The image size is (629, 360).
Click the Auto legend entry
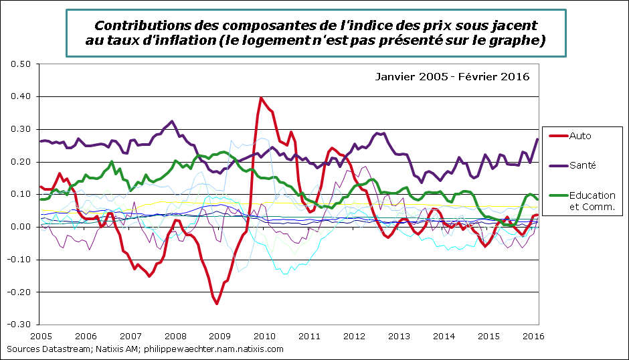(x=580, y=136)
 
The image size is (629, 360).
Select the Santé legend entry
(x=582, y=165)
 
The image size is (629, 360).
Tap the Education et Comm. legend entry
(x=592, y=201)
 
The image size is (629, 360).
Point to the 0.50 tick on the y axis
(x=22, y=64)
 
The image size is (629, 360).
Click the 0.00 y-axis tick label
(x=22, y=227)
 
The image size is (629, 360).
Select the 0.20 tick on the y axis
(x=22, y=162)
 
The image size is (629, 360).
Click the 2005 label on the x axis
(x=41, y=335)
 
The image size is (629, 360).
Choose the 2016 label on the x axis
(x=532, y=335)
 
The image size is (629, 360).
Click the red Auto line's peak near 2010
(x=261, y=98)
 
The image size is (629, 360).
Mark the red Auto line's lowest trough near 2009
(x=217, y=303)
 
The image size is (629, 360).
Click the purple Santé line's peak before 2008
(x=172, y=121)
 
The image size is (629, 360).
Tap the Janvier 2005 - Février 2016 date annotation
(x=452, y=77)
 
